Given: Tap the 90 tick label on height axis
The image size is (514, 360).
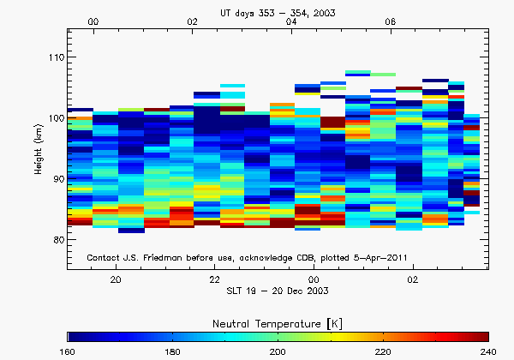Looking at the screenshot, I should click(56, 179).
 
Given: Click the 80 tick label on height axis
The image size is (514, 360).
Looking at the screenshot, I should click(56, 240).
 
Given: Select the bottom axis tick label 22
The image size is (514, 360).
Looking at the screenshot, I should click(215, 280).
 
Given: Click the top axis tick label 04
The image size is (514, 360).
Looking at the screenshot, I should click(291, 21).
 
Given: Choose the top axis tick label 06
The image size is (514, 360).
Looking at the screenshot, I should click(391, 21).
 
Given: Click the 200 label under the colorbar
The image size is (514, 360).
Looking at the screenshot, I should click(278, 351).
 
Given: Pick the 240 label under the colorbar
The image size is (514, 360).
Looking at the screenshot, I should click(487, 351).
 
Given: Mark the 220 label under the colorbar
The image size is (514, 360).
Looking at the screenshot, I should click(383, 351).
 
